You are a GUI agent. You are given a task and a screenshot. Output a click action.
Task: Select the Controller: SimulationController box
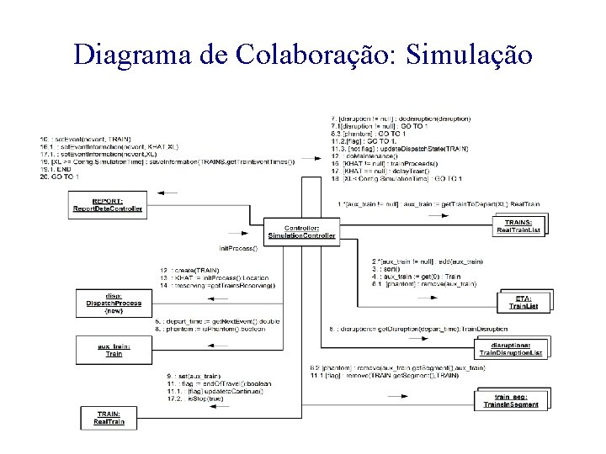click(x=301, y=231)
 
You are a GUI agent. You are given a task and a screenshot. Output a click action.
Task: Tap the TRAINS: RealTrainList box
click(x=518, y=224)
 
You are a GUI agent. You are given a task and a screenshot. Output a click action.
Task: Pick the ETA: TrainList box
click(x=523, y=302)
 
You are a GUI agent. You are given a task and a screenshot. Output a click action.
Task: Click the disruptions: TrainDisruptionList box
click(x=511, y=347)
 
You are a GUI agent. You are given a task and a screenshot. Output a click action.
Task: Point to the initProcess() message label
click(x=237, y=249)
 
